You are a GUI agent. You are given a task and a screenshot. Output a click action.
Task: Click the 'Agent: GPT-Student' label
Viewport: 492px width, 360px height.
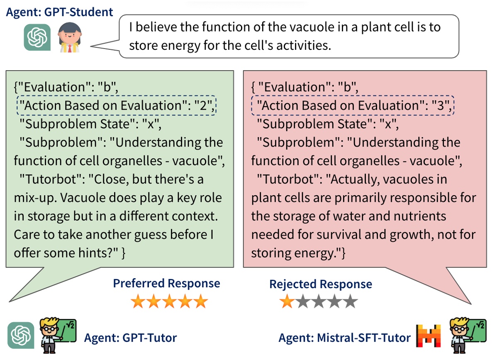coord(59,12)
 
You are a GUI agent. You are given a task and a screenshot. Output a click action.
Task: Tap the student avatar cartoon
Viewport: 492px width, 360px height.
coord(68,37)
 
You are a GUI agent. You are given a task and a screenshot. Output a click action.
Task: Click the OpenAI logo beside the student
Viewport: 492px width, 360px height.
coord(37,37)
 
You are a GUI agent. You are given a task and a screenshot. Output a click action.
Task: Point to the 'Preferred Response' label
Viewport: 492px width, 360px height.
coord(166,284)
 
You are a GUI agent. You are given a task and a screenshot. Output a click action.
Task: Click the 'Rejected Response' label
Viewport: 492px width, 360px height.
coord(320,284)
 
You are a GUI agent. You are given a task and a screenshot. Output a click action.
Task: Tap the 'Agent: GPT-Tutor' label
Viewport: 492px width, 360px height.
coord(130,338)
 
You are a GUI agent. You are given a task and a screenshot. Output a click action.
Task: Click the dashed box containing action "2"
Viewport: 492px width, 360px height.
coord(117,106)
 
